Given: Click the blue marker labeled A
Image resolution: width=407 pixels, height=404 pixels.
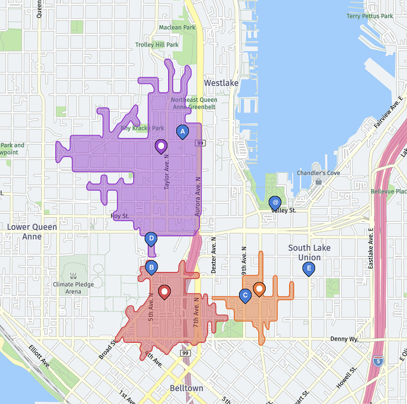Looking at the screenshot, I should [x=182, y=133].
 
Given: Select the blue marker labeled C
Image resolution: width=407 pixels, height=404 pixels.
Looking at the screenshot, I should [x=245, y=296].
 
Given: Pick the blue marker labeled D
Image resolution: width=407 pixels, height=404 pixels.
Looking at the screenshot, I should [x=151, y=238].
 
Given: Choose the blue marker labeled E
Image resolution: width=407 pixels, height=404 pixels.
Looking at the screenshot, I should [x=309, y=268].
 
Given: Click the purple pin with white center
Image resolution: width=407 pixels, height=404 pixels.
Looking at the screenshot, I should [x=161, y=146].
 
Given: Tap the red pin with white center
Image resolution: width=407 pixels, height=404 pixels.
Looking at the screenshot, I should [x=165, y=292].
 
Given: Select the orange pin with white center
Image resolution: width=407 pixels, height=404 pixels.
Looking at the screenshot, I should [x=259, y=289].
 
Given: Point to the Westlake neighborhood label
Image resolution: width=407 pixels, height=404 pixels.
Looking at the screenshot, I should [x=221, y=83].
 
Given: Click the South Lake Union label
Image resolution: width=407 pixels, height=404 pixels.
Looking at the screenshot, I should [x=309, y=253].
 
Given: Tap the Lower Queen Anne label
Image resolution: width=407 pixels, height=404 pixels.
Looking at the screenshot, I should [x=32, y=232].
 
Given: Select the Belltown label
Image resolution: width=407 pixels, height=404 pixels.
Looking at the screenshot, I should [x=187, y=388].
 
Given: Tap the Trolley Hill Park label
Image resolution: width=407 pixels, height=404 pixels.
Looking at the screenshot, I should [x=157, y=45].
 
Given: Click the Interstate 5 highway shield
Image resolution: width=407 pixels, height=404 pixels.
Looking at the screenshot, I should [x=379, y=361].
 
